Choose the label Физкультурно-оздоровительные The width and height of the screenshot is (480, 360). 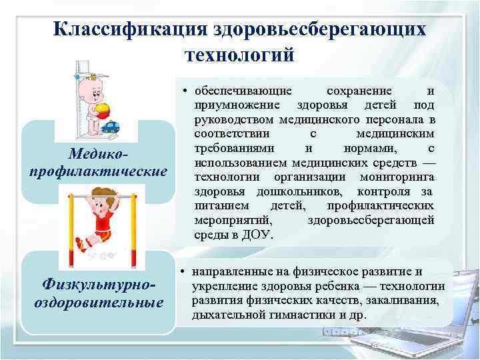click(x=99, y=293)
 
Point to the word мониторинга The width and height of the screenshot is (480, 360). click(x=397, y=177)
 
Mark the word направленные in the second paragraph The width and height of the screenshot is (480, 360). click(x=230, y=272)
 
